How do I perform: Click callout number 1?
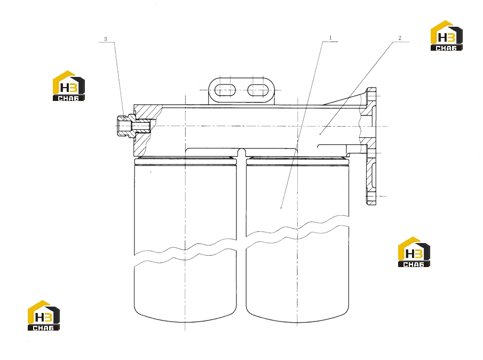[330, 37]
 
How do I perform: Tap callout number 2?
[400, 38]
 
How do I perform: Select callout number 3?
[105, 39]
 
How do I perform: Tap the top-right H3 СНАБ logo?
[446, 35]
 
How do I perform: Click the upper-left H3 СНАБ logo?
[69, 85]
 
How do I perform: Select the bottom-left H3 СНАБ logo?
[43, 316]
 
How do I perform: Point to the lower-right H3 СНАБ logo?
[414, 252]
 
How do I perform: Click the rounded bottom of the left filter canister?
[185, 317]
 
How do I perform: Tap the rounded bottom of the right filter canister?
[298, 317]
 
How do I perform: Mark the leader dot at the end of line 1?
[281, 208]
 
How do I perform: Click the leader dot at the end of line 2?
[320, 134]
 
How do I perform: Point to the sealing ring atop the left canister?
[185, 160]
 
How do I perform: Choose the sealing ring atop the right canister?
[298, 160]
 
